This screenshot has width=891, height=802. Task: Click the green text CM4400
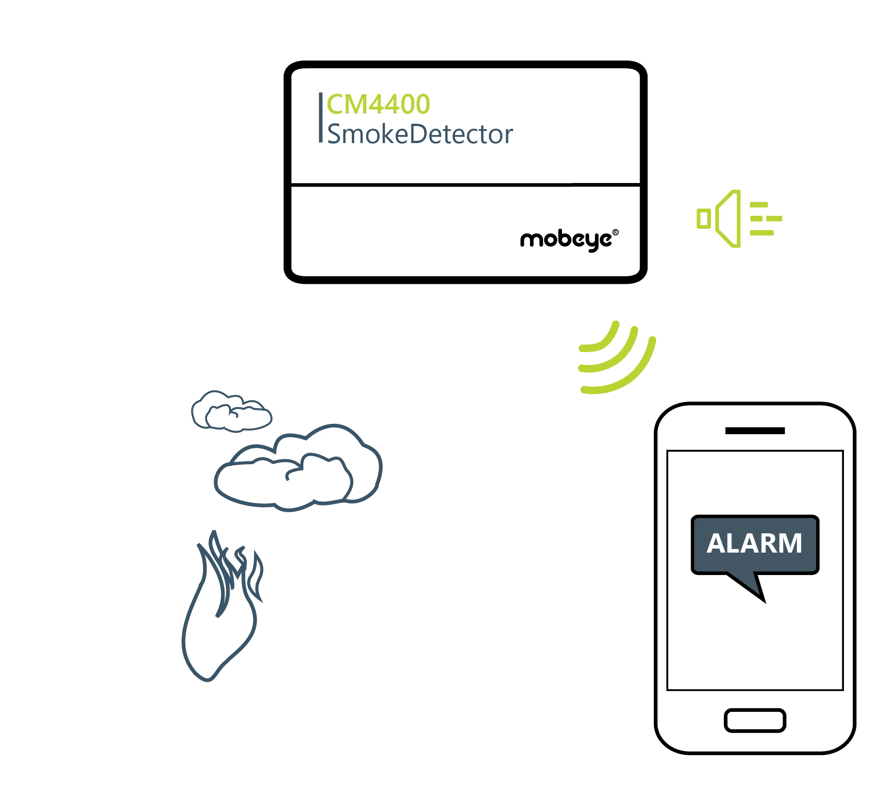(378, 104)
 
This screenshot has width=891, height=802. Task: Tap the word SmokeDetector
(420, 134)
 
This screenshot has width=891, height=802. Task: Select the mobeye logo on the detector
(566, 240)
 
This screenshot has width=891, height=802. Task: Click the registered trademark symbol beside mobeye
(615, 232)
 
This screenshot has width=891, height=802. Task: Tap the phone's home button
(755, 720)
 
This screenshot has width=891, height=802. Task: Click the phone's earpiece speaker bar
(755, 431)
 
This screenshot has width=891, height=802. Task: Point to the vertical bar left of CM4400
(320, 118)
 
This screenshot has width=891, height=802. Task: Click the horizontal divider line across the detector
(465, 184)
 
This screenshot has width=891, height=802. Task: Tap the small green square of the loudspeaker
(704, 219)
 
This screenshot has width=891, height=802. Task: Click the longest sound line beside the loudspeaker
(766, 219)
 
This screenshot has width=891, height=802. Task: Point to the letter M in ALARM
(790, 543)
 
